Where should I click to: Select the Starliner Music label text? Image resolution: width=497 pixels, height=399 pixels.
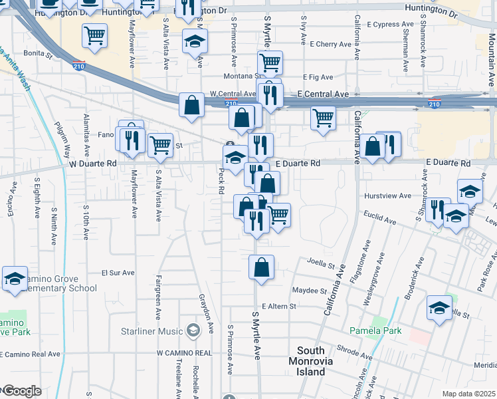click(151, 331)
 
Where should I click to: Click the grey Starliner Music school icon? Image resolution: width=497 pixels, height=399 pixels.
click(193, 330)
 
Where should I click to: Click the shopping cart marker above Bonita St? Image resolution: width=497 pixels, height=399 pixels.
click(95, 35)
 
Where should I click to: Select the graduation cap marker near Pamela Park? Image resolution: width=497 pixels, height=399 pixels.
click(439, 308)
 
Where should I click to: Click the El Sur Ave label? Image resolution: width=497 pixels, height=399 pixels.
click(118, 273)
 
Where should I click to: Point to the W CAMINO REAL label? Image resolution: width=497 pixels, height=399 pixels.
click(184, 353)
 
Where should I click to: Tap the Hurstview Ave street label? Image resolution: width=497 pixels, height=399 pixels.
click(388, 196)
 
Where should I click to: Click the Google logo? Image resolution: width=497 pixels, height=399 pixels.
click(21, 391)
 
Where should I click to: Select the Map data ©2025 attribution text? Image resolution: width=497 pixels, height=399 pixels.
click(469, 394)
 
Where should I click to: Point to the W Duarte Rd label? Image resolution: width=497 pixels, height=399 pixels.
click(92, 163)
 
